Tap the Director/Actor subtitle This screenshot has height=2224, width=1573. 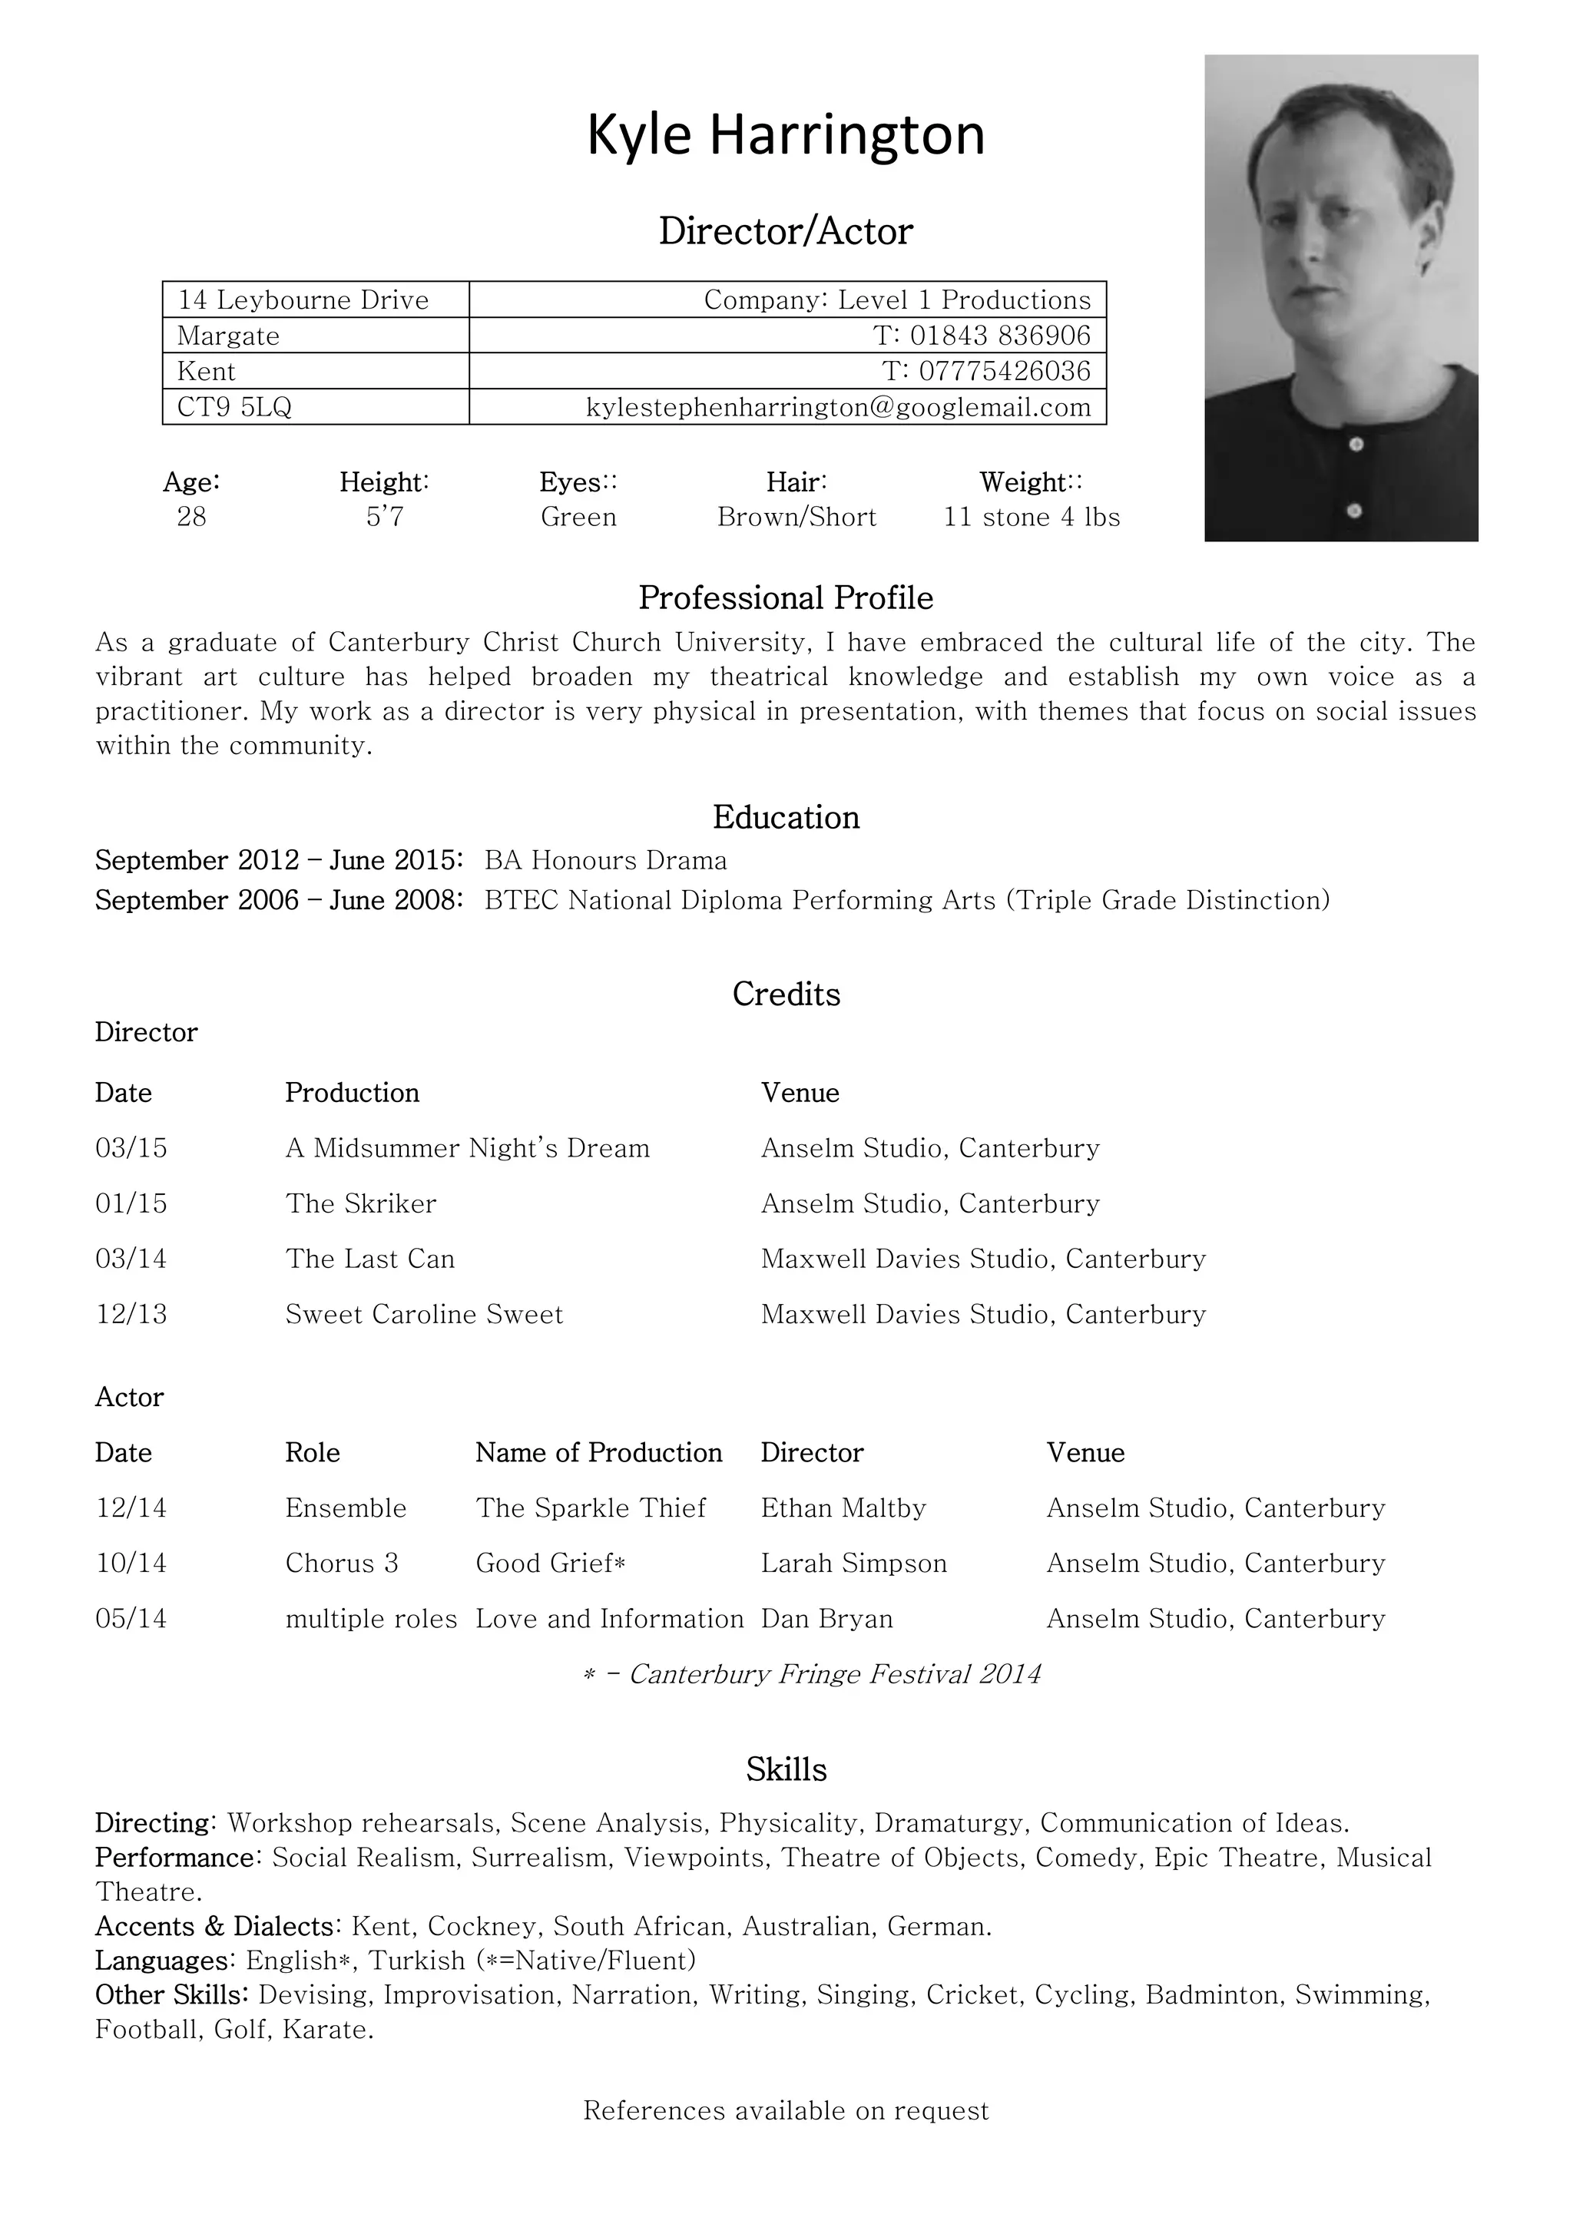(786, 231)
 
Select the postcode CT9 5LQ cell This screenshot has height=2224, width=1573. (234, 408)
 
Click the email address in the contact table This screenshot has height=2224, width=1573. (838, 408)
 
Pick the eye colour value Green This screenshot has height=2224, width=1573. (578, 518)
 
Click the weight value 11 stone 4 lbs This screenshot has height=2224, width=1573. (1032, 518)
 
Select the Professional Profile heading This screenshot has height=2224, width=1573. (786, 597)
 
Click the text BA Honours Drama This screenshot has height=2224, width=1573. (605, 860)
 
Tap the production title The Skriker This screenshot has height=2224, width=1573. (360, 1203)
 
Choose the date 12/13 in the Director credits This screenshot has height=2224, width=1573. (131, 1315)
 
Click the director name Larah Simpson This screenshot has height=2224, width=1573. (853, 1564)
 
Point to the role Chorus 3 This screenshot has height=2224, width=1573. (341, 1564)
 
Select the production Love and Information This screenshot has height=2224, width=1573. (609, 1619)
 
